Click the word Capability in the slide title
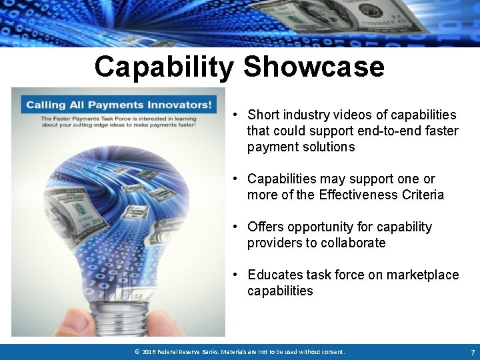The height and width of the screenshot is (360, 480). (164, 67)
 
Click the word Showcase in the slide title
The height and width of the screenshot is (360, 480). (314, 67)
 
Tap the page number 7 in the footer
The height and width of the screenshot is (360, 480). (472, 352)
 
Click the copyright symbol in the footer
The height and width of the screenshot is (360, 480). (137, 352)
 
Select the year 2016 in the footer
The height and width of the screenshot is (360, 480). (149, 352)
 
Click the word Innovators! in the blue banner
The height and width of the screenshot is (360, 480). (181, 105)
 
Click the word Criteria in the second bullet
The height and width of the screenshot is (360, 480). (423, 195)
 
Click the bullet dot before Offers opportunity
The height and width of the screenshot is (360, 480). (236, 227)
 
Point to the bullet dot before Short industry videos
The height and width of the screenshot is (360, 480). (236, 115)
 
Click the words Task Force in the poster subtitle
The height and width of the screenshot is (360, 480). (122, 119)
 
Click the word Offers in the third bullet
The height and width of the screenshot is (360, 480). (265, 227)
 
